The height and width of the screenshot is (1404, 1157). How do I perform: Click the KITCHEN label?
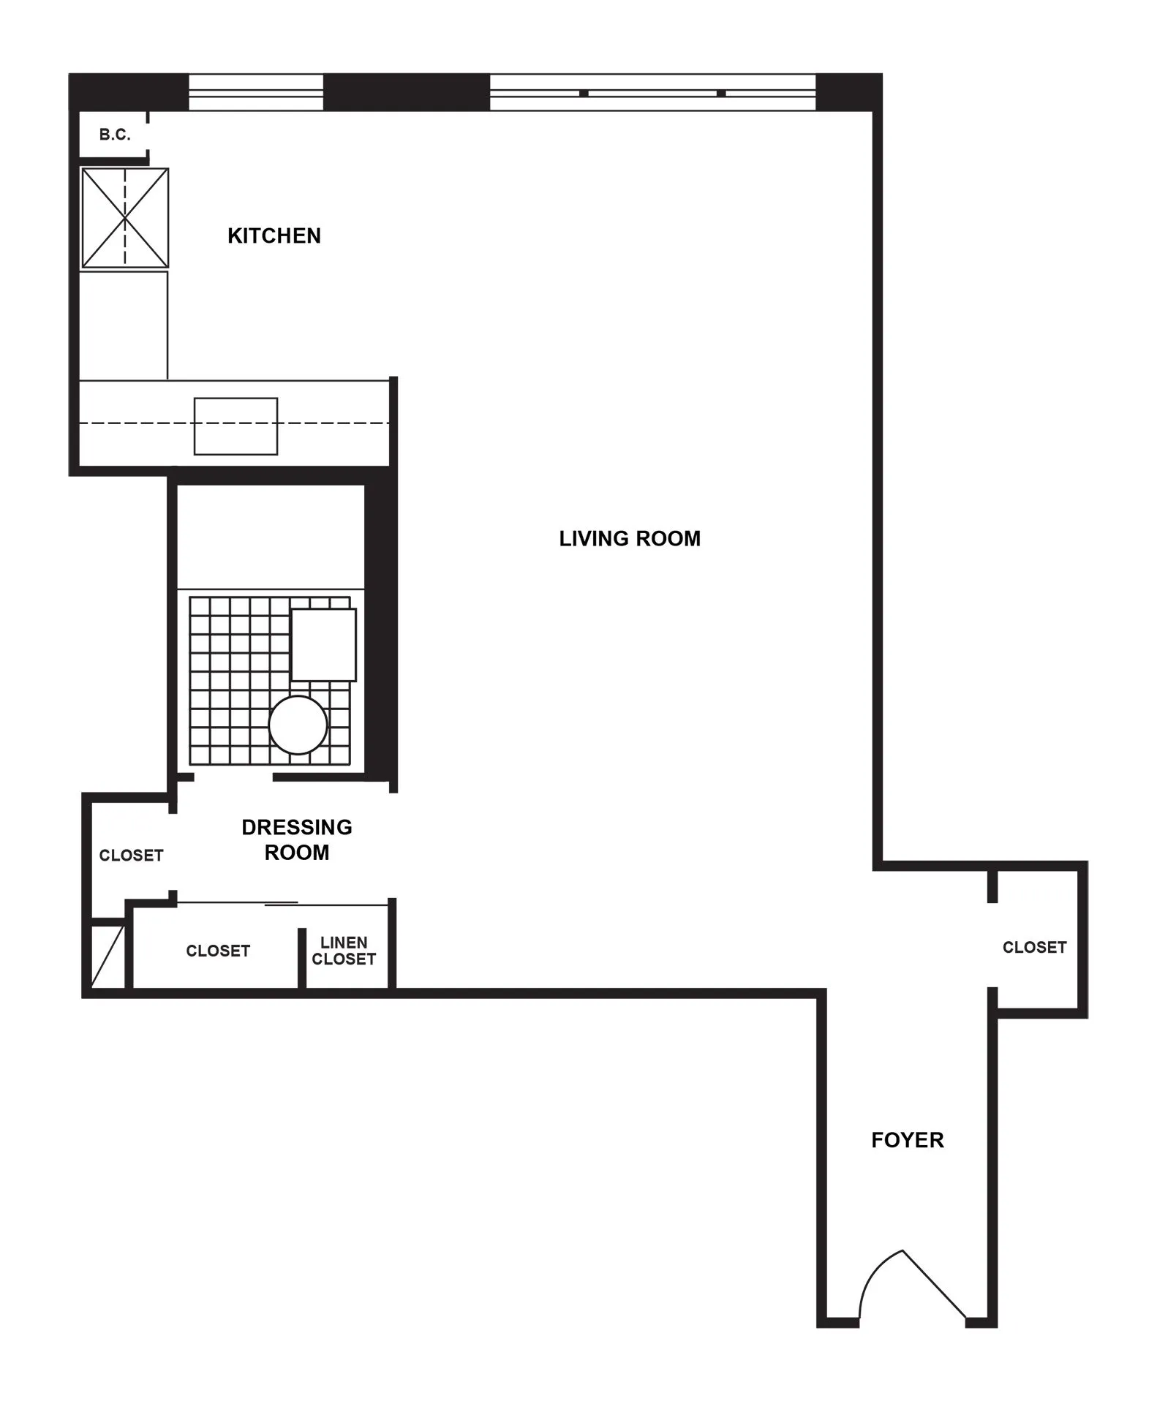(x=274, y=235)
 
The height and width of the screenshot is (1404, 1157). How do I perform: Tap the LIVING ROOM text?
(x=630, y=539)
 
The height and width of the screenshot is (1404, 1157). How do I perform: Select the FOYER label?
(x=907, y=1140)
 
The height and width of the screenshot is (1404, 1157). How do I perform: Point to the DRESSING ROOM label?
(x=297, y=839)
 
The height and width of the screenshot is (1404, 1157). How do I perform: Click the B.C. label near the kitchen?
(x=115, y=135)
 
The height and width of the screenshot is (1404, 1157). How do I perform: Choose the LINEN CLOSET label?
(x=344, y=951)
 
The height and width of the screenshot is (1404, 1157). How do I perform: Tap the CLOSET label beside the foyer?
(x=1034, y=947)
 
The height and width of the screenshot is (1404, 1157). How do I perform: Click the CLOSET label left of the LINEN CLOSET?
(x=218, y=951)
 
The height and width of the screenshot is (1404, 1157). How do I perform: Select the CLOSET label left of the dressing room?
(x=131, y=855)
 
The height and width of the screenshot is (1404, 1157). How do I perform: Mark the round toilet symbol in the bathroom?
(x=298, y=725)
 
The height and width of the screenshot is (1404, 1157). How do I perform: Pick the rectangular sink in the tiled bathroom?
(x=323, y=645)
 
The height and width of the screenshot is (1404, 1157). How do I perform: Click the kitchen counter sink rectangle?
(x=235, y=426)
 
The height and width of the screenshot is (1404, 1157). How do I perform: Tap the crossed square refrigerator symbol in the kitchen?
(x=125, y=218)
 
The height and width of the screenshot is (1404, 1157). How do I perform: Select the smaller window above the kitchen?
(x=256, y=93)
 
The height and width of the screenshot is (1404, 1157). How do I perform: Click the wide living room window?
(x=652, y=93)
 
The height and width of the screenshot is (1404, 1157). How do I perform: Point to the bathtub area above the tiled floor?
(x=271, y=537)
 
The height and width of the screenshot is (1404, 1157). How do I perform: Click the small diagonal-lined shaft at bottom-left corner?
(x=108, y=956)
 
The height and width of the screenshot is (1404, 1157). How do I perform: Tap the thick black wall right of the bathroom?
(x=380, y=629)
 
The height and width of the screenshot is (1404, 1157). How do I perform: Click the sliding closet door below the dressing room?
(x=282, y=905)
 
